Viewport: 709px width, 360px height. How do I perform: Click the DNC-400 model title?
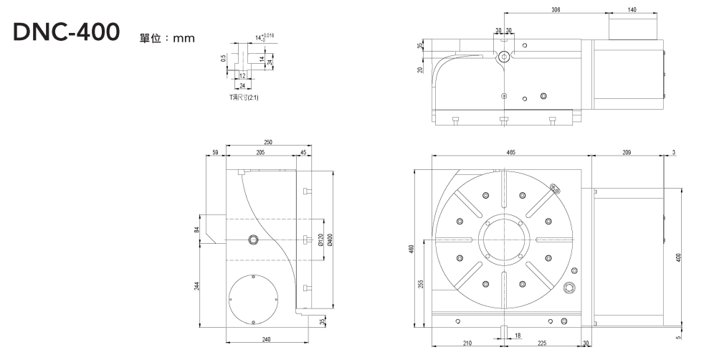[x=67, y=34]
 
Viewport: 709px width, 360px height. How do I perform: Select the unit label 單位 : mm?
[x=167, y=37]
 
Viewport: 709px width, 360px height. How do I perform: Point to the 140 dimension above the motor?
[x=632, y=11]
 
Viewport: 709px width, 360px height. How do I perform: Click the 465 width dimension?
[x=510, y=153]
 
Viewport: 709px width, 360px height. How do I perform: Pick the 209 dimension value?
[x=627, y=153]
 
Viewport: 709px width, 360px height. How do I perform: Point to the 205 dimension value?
[x=260, y=153]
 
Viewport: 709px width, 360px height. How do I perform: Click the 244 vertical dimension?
[x=196, y=285]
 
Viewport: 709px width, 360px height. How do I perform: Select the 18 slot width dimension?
[x=518, y=335]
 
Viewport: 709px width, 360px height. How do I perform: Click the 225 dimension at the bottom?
[x=543, y=344]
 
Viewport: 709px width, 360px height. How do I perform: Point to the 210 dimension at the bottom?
[x=467, y=344]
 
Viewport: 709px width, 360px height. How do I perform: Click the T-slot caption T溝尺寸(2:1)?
[x=244, y=96]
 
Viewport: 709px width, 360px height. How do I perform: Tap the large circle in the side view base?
[x=252, y=298]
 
